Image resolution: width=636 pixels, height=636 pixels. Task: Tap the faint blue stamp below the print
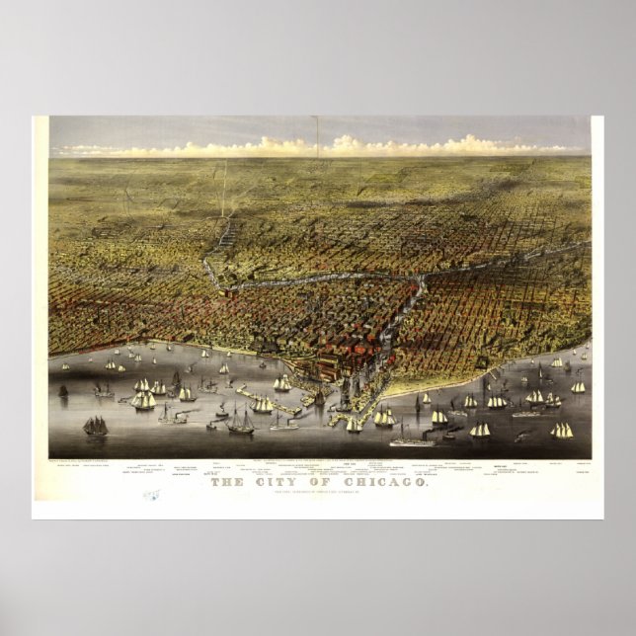pyautogui.click(x=151, y=499)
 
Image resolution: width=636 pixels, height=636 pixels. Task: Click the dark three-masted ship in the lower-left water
pyautogui.click(x=96, y=426)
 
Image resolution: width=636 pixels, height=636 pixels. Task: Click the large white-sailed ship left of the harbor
pyautogui.click(x=144, y=399)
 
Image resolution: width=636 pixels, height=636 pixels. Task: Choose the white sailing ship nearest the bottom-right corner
pyautogui.click(x=562, y=432)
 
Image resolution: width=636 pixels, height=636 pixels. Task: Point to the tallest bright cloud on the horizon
pyautogui.click(x=345, y=144)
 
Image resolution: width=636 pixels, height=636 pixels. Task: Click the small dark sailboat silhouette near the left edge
pyautogui.click(x=63, y=391)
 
